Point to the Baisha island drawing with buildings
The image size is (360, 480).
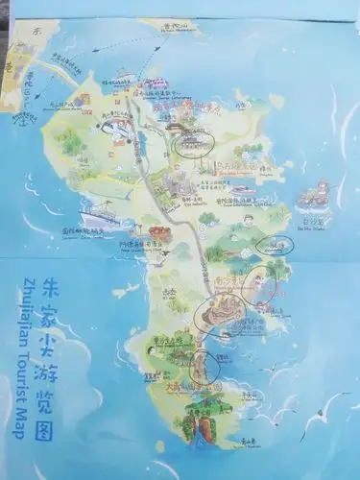[x=313, y=199]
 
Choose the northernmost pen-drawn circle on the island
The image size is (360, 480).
[x=193, y=144]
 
